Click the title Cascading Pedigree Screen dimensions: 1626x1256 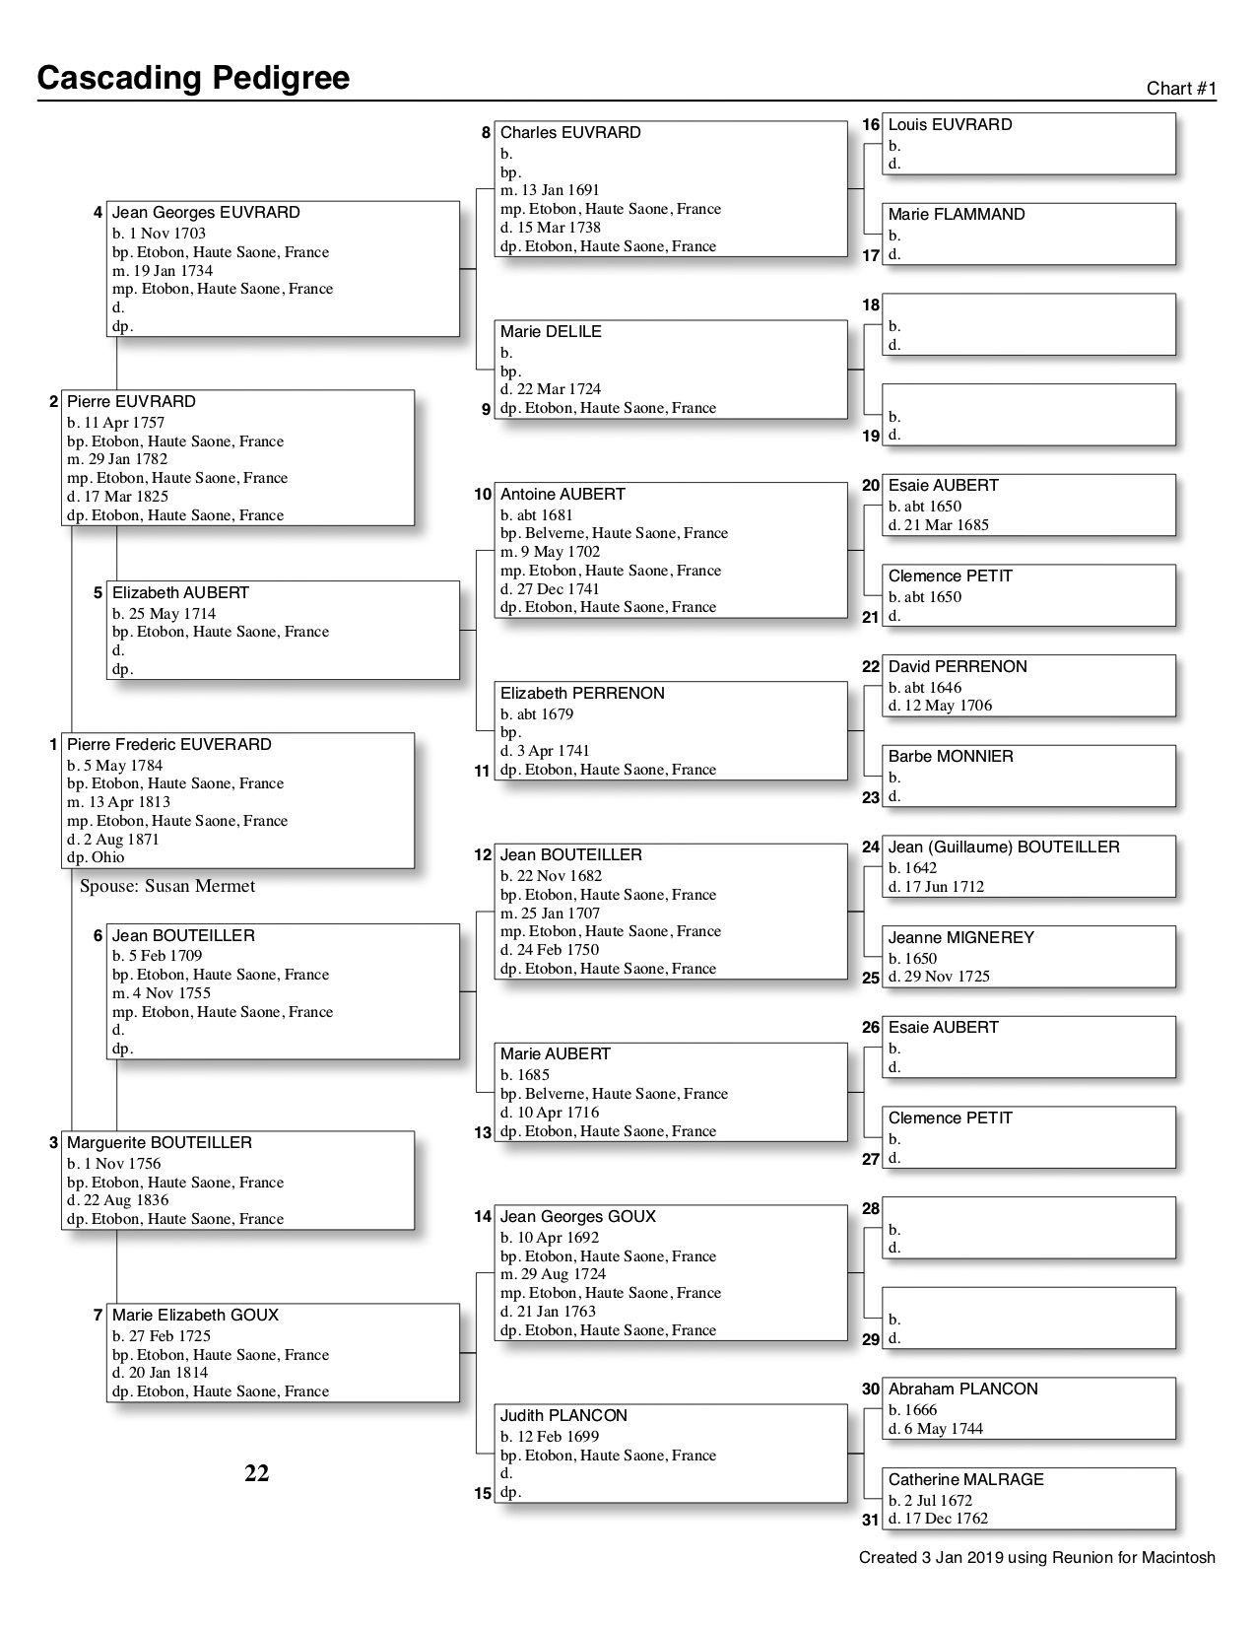pyautogui.click(x=193, y=78)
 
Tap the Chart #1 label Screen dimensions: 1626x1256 pyautogui.click(x=1181, y=89)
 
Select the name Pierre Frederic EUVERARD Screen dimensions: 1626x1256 pyautogui.click(x=168, y=745)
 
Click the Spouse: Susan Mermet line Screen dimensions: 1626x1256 pyautogui.click(x=167, y=886)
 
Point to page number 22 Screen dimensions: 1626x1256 pyautogui.click(x=256, y=1473)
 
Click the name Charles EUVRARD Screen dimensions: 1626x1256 pyautogui.click(x=570, y=133)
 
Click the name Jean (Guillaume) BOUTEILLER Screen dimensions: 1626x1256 pyautogui.click(x=1004, y=847)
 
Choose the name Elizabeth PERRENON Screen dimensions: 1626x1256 pyautogui.click(x=582, y=694)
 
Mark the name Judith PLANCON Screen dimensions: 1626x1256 pyautogui.click(x=563, y=1416)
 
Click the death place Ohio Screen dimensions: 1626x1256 pyautogui.click(x=108, y=857)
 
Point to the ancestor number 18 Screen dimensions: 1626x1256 pyautogui.click(x=871, y=305)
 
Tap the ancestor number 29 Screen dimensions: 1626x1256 pyautogui.click(x=871, y=1339)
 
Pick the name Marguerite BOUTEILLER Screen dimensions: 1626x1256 pyautogui.click(x=160, y=1143)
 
